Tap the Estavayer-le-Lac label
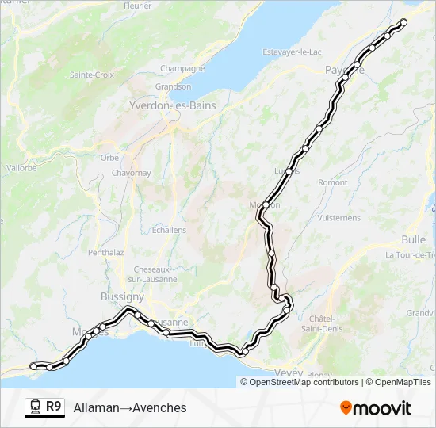pos(293,52)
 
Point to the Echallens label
pos(168,230)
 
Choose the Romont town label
pos(332,182)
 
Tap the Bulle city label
pos(413,239)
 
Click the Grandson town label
pos(173,86)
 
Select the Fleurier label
pos(138,6)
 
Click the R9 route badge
pos(53,407)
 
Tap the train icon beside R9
pos(35,407)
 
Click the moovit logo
pos(376,408)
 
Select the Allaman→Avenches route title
pos(130,407)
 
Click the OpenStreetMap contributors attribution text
pos(304,382)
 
